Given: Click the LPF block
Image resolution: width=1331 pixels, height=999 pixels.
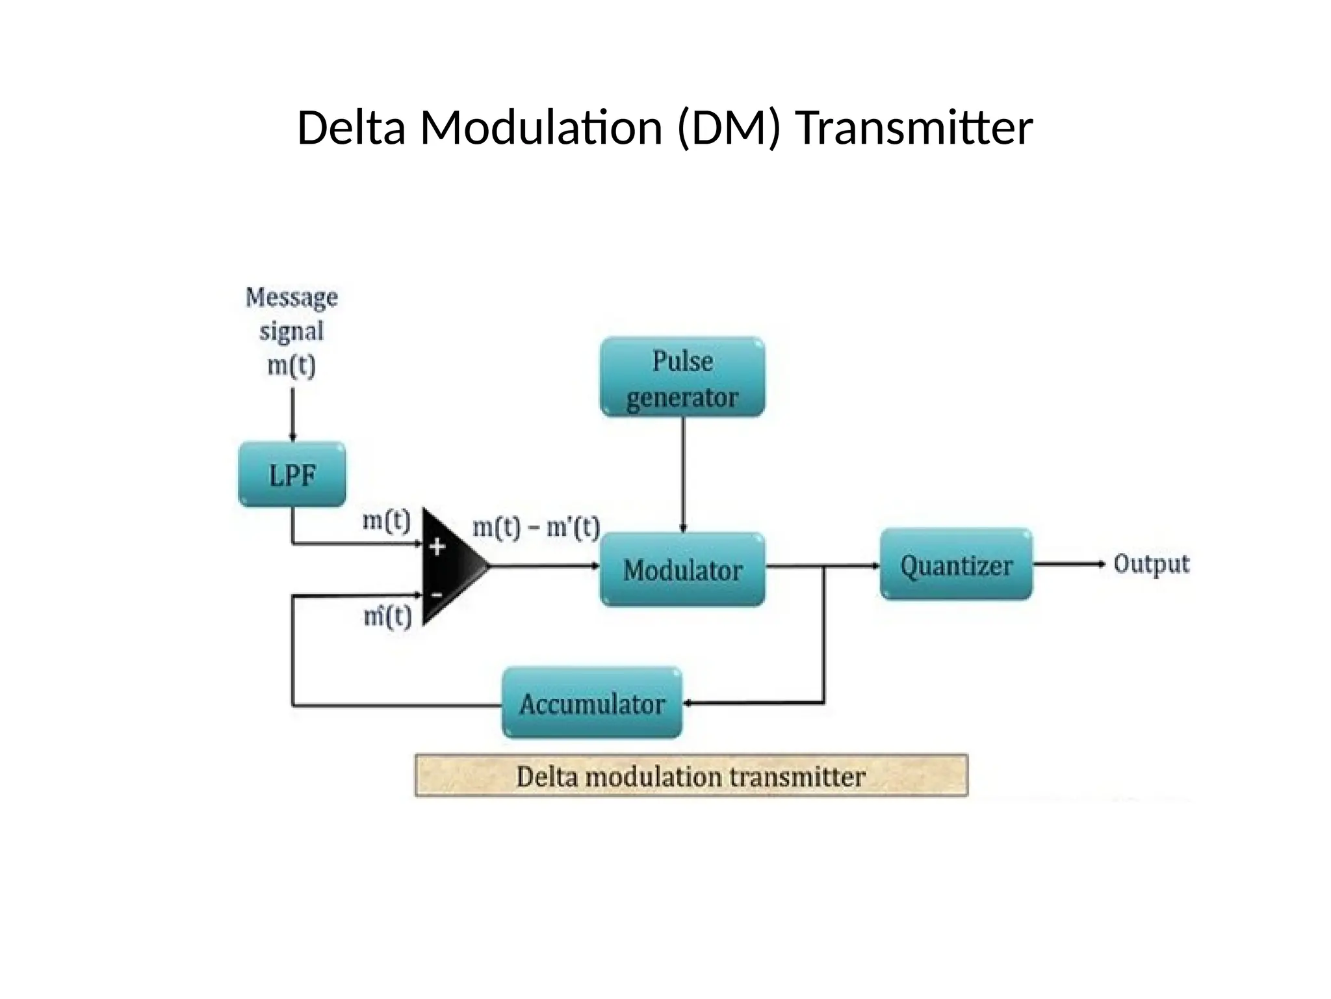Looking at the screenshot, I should point(292,475).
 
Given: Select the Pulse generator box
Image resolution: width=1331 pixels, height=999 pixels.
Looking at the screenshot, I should point(682,377).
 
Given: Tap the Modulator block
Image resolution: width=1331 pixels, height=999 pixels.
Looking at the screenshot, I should point(682,570).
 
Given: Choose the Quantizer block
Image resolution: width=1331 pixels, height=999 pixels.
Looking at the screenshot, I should point(956,565).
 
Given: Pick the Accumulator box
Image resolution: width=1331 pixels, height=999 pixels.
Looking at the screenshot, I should point(592,703).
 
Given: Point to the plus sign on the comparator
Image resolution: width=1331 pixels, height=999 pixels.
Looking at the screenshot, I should point(437,547).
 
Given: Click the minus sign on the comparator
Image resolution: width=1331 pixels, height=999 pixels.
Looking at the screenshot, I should point(437,594).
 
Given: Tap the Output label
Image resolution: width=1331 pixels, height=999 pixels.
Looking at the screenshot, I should point(1151,563).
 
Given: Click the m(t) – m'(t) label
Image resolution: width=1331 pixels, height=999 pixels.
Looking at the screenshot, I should point(536,527).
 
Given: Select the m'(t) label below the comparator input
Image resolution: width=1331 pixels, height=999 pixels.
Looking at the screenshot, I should point(387,616).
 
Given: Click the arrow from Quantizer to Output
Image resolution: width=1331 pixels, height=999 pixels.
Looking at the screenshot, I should point(1069,564).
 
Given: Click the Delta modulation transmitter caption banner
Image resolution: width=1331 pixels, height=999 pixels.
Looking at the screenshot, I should point(691,776).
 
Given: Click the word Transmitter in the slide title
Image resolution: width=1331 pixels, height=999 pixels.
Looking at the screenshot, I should point(914,127).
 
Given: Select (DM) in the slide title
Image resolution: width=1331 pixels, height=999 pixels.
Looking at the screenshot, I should point(728,127).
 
